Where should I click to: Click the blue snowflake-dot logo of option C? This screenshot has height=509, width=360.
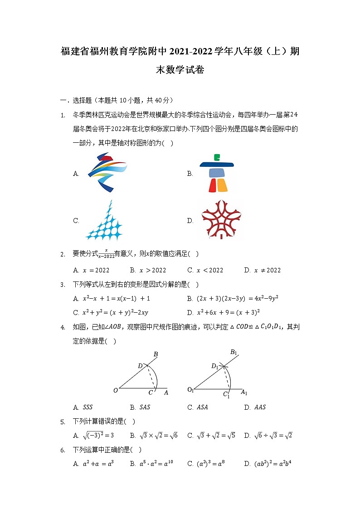104,221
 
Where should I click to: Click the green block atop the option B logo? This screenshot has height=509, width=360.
217,157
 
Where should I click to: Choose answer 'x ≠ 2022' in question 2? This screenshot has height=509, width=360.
263,270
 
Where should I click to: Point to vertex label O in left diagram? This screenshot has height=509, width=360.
116,390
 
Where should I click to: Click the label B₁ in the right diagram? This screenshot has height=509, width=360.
234,352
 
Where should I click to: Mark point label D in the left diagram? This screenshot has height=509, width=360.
140,366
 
